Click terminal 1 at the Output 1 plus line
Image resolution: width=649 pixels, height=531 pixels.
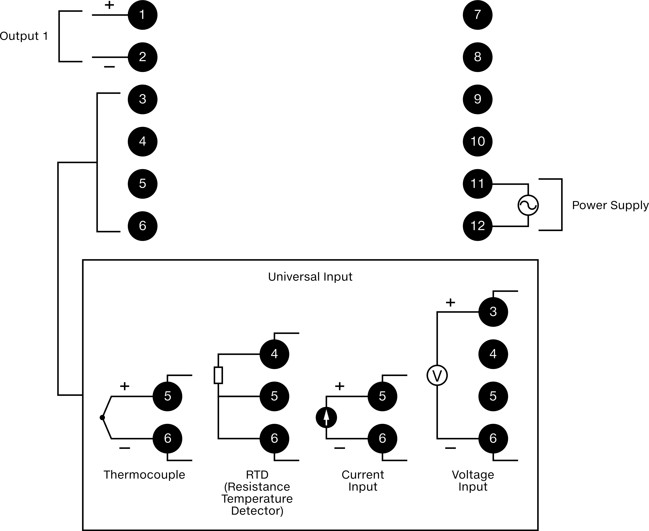coord(142,15)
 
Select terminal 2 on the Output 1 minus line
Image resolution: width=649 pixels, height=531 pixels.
coord(142,57)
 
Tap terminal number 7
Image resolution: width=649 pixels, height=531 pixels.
coord(477,15)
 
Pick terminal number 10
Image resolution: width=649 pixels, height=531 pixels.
coord(477,141)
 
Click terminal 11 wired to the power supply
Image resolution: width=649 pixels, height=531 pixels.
coord(477,184)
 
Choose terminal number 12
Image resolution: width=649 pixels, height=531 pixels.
coord(477,226)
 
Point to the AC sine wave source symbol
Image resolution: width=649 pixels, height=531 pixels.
coord(528,205)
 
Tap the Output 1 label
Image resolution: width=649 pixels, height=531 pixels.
coord(24,36)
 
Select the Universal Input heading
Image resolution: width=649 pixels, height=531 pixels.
coord(310,277)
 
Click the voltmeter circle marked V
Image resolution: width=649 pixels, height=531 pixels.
coord(437,376)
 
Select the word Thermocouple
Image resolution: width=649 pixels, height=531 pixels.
coord(144,475)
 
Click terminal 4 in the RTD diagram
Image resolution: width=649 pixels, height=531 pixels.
coord(274,354)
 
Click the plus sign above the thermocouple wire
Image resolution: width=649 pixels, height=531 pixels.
coord(124,386)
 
